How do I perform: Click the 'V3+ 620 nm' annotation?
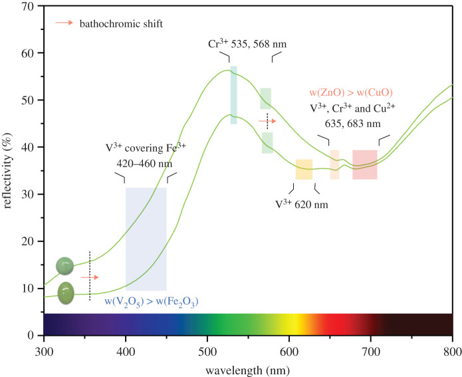[302, 203]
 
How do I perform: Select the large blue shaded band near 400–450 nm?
[146, 239]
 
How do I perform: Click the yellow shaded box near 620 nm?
[304, 170]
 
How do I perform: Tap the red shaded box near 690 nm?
[364, 164]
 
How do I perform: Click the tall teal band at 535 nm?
[233, 95]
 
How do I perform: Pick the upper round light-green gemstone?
[64, 266]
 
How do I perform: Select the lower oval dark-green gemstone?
[66, 292]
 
